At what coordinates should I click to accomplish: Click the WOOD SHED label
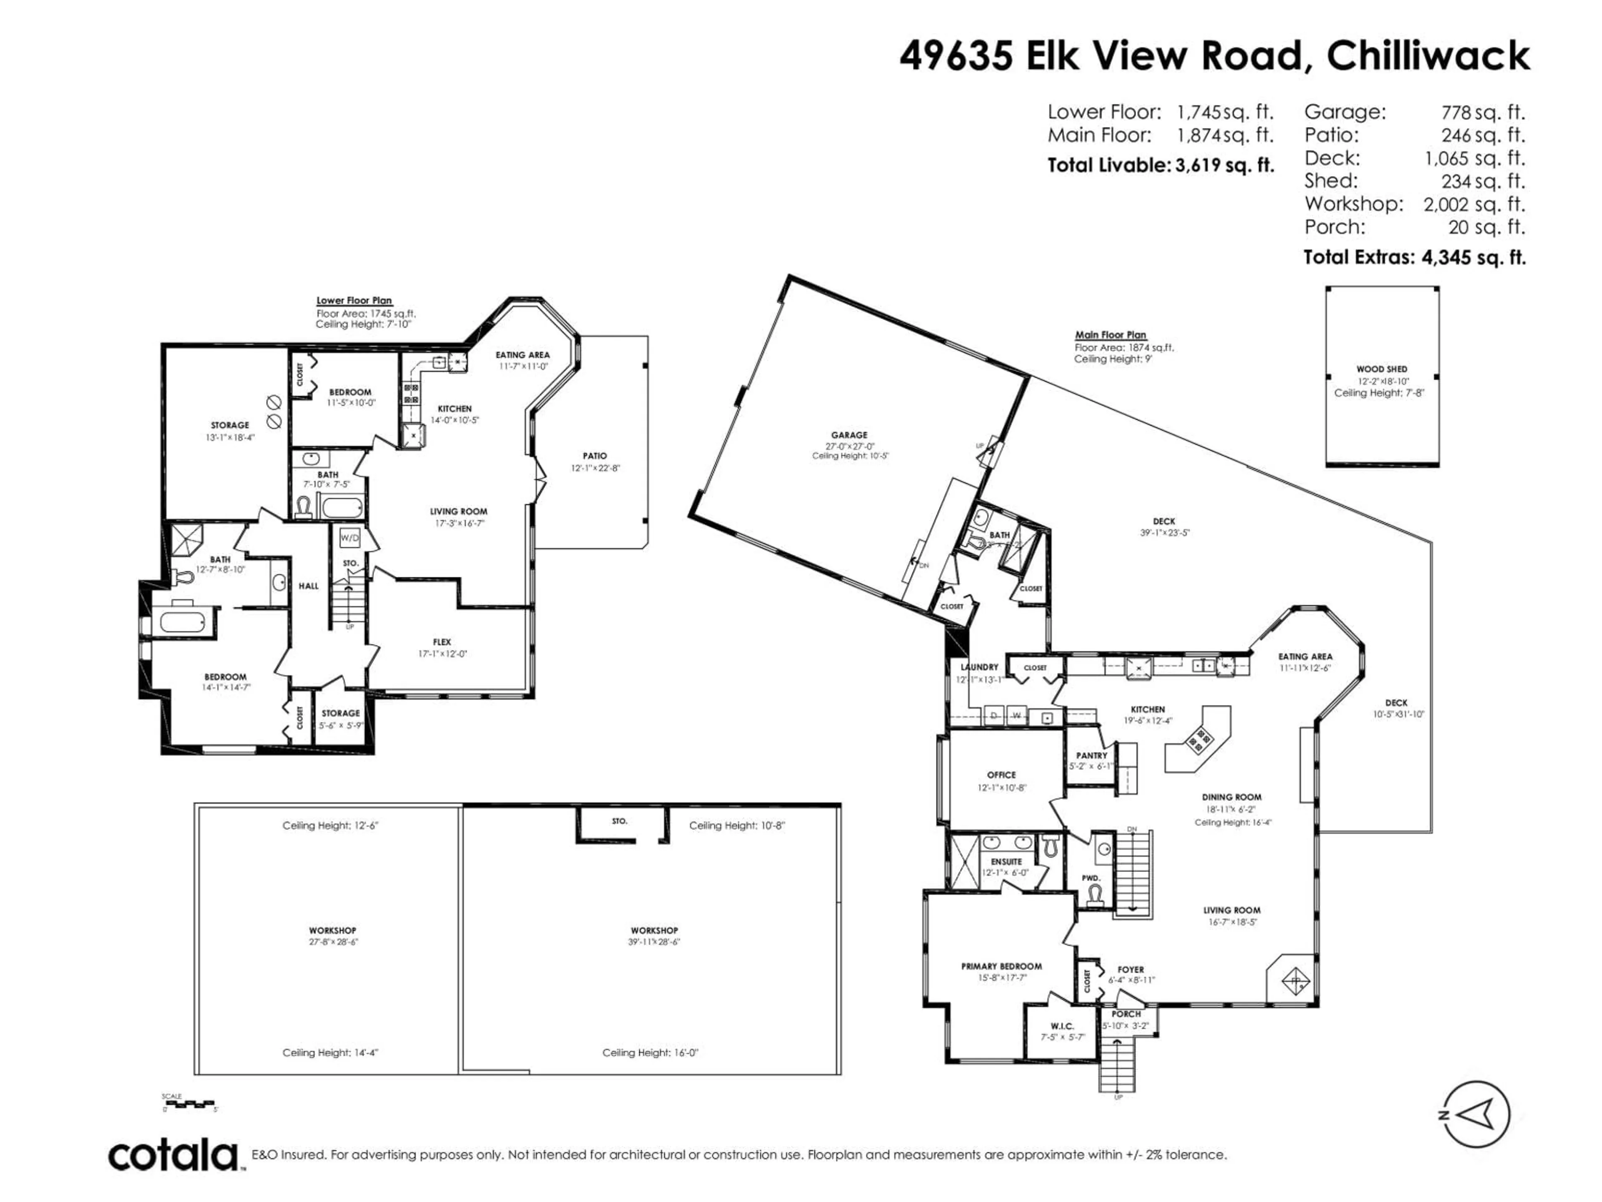[x=1381, y=369]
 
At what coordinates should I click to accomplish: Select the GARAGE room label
[x=849, y=435]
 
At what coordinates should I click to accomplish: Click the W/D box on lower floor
[x=349, y=538]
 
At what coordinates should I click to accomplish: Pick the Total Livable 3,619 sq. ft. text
[x=1160, y=165]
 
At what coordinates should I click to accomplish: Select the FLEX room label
[x=442, y=642]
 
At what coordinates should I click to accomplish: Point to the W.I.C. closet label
[x=1062, y=1026]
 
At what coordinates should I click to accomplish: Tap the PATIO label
[x=594, y=456]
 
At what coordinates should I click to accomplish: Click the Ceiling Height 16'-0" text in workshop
[x=650, y=1053]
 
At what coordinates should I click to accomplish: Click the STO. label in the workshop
[x=619, y=821]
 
